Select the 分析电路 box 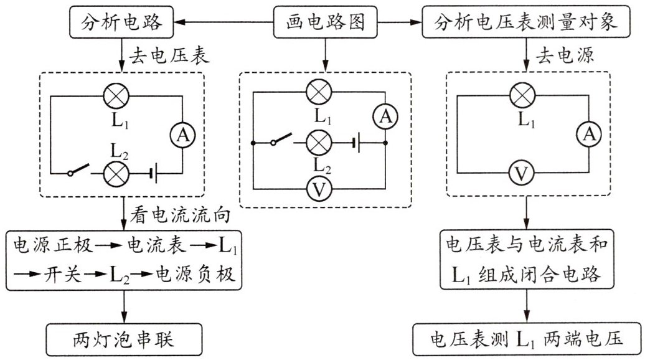point(121,23)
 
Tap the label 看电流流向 point(181,216)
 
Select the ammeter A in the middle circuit point(385,115)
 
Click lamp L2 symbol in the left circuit point(115,172)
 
